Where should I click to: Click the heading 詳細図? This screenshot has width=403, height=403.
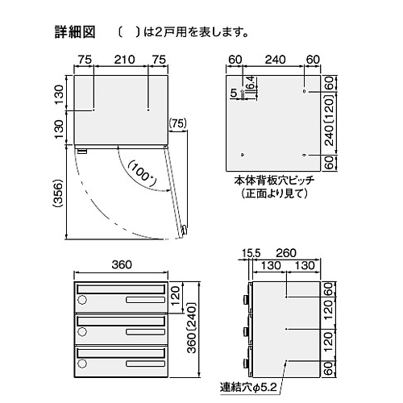pyautogui.click(x=75, y=32)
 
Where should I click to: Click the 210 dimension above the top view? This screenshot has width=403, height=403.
pyautogui.click(x=124, y=60)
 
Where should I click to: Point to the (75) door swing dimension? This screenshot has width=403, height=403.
pyautogui.click(x=177, y=123)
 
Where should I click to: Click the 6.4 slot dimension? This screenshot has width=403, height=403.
pyautogui.click(x=250, y=83)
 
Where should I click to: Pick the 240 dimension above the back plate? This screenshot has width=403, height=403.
pyautogui.click(x=276, y=60)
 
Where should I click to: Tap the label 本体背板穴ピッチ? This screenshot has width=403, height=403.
pyautogui.click(x=274, y=181)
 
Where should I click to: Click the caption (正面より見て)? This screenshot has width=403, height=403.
pyautogui.click(x=274, y=193)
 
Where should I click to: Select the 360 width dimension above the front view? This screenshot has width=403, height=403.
pyautogui.click(x=122, y=264)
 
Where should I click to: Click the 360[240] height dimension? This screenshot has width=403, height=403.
pyautogui.click(x=192, y=328)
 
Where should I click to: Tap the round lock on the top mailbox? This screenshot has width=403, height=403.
pyautogui.click(x=82, y=300)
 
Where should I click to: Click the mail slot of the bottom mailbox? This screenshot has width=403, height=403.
pyautogui.click(x=121, y=353)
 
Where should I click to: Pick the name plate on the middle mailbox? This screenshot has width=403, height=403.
pyautogui.click(x=145, y=332)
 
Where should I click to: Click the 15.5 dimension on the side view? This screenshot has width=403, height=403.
pyautogui.click(x=251, y=253)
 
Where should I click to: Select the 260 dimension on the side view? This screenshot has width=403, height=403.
pyautogui.click(x=286, y=253)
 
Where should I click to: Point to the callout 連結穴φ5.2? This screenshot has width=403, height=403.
pyautogui.click(x=248, y=387)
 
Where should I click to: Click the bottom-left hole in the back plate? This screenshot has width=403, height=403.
pyautogui.click(x=243, y=155)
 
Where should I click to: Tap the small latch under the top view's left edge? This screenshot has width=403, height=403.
pyautogui.click(x=82, y=151)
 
